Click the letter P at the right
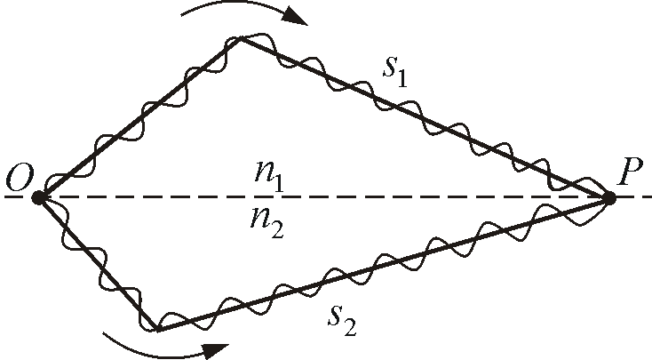[x=630, y=174]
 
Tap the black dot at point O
[x=38, y=197]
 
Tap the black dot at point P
[x=610, y=198]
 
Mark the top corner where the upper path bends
[x=240, y=38]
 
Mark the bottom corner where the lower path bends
[x=157, y=330]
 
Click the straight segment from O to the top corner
[x=139, y=117]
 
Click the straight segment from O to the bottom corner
[x=98, y=264]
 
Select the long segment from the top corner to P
[x=425, y=118]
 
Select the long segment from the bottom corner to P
[x=384, y=264]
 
